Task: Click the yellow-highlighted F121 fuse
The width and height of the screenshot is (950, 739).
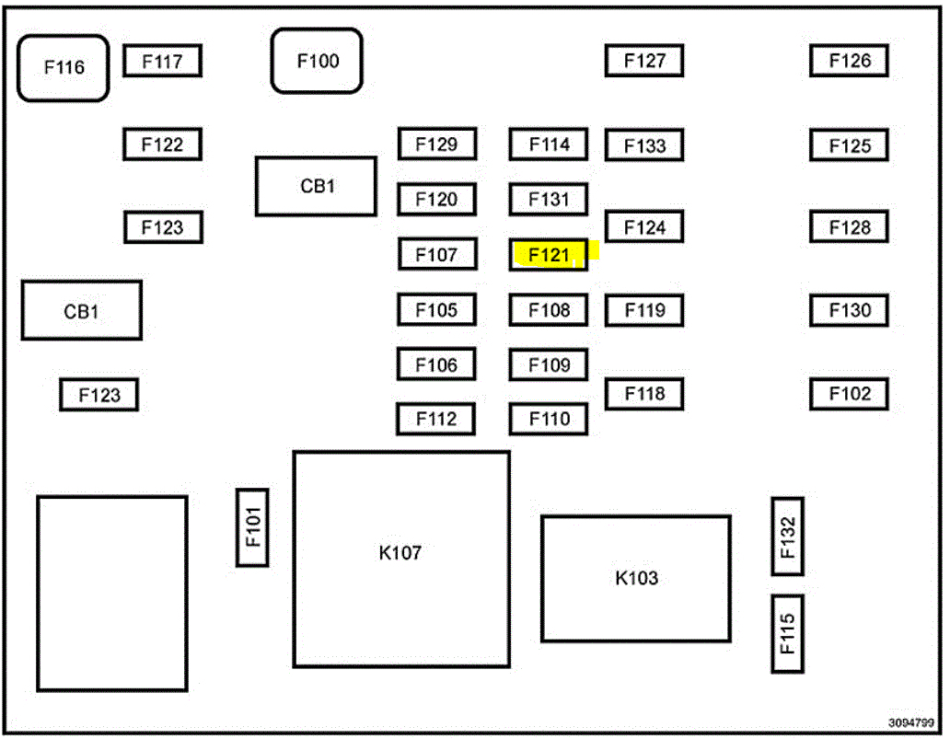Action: pyautogui.click(x=549, y=255)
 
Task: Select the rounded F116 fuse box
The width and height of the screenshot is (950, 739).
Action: pyautogui.click(x=64, y=68)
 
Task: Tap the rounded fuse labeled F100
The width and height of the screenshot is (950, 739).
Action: pyautogui.click(x=317, y=61)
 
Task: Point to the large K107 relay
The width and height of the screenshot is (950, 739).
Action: pyautogui.click(x=400, y=559)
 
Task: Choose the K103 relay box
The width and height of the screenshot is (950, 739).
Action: pyautogui.click(x=636, y=578)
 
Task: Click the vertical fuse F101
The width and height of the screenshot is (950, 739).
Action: pyautogui.click(x=253, y=527)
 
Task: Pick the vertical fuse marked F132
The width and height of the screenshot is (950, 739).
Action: pyautogui.click(x=787, y=537)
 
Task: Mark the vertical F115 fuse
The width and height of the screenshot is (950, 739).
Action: pyautogui.click(x=787, y=633)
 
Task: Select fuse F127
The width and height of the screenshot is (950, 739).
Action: pyautogui.click(x=644, y=61)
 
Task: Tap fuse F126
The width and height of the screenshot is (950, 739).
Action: pyautogui.click(x=849, y=61)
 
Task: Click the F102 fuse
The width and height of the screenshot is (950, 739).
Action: pyautogui.click(x=849, y=394)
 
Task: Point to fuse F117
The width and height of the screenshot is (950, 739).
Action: pyautogui.click(x=162, y=62)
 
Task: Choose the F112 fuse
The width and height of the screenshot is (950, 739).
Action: pyautogui.click(x=436, y=420)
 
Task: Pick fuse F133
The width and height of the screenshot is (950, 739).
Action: pyautogui.click(x=644, y=145)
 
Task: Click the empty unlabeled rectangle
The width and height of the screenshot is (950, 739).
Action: pyautogui.click(x=112, y=594)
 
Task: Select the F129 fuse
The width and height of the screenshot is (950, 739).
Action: pyautogui.click(x=436, y=144)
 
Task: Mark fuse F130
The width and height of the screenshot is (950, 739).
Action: pyautogui.click(x=849, y=310)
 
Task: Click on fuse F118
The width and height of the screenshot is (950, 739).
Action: pyautogui.click(x=644, y=394)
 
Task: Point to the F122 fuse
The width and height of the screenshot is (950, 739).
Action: pyautogui.click(x=162, y=144)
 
